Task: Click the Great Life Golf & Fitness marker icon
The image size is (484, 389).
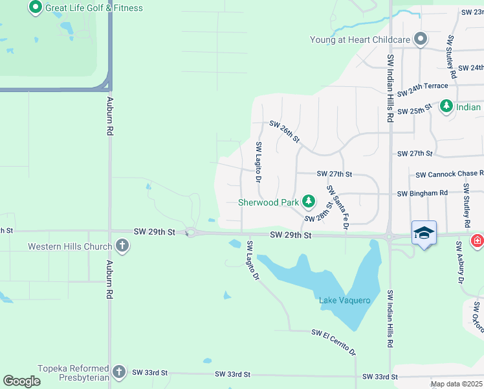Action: pyautogui.click(x=36, y=8)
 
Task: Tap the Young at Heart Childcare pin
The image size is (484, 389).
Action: pyautogui.click(x=421, y=40)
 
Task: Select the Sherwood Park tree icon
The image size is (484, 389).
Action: pyautogui.click(x=309, y=202)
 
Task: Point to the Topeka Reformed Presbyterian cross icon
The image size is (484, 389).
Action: pyautogui.click(x=118, y=372)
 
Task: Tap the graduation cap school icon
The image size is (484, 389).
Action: pyautogui.click(x=424, y=233)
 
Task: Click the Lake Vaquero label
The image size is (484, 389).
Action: pyautogui.click(x=345, y=300)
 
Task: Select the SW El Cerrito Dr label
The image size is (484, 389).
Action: pyautogui.click(x=334, y=342)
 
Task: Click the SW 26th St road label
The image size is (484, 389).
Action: pyautogui.click(x=285, y=131)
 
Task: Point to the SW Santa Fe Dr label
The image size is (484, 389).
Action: pyautogui.click(x=338, y=207)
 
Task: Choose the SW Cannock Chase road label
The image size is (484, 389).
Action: pyautogui.click(x=449, y=174)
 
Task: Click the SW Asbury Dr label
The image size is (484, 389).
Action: pyautogui.click(x=460, y=262)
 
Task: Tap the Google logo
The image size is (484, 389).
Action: pyautogui.click(x=21, y=381)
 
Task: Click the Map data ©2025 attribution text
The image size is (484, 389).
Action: pyautogui.click(x=456, y=384)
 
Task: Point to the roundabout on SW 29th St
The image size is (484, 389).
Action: pyautogui.click(x=191, y=233)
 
